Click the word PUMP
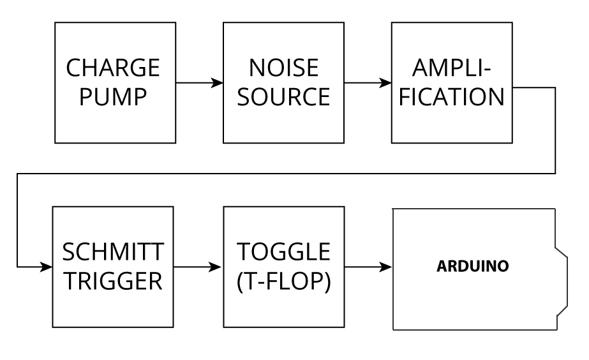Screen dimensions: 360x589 pos(115,97)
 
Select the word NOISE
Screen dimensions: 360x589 pos(283,68)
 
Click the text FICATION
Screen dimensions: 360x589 pos(451,97)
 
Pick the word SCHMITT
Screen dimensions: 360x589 pos(113,252)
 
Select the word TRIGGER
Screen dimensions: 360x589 pos(113,281)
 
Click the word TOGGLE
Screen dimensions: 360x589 pos(283,252)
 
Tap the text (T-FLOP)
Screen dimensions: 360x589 pos(283,281)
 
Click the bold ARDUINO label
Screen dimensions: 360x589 pos(473,266)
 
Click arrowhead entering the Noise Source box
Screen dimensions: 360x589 pos(218,83)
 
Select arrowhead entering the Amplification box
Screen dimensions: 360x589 pos(386,83)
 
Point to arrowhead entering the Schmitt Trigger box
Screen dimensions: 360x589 pos(47,266)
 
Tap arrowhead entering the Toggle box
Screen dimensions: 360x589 pos(218,266)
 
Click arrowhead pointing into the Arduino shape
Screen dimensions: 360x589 pos(387,266)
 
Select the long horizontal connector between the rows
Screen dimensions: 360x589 pos(287,173)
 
